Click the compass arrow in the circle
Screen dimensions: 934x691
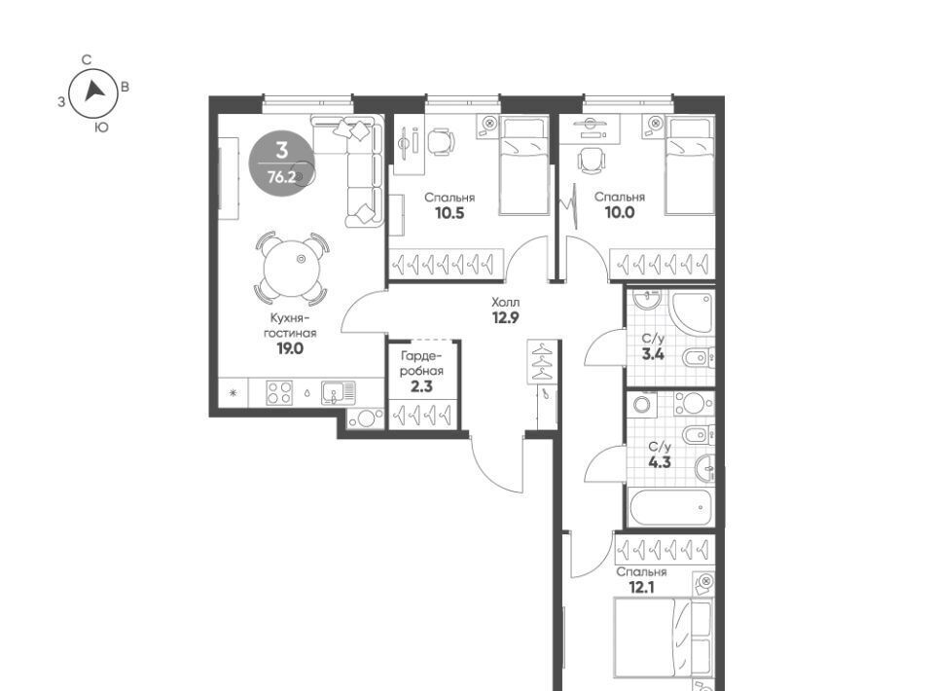(x=94, y=91)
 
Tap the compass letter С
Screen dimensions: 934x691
(x=87, y=59)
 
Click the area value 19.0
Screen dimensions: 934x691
(x=290, y=349)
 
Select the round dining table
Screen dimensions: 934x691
(x=292, y=268)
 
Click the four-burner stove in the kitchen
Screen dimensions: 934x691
(x=279, y=393)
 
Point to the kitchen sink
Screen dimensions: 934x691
(x=339, y=393)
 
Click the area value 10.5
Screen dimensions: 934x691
(x=449, y=213)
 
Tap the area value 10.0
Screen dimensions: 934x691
(x=620, y=213)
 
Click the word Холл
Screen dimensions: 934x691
(x=505, y=302)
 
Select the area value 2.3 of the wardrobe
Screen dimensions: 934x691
(x=421, y=386)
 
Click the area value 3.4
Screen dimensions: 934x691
(x=653, y=355)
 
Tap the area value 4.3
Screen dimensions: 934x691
(x=660, y=461)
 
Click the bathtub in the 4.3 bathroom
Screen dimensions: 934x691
(x=670, y=507)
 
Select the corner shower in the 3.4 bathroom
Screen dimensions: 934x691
(x=692, y=312)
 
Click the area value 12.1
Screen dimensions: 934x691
(x=642, y=588)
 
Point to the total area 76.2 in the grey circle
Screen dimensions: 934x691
(x=282, y=177)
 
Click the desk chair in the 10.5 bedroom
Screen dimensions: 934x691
(x=441, y=140)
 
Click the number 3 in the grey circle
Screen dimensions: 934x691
(x=282, y=150)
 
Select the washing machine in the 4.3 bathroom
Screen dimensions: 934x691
(x=641, y=405)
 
